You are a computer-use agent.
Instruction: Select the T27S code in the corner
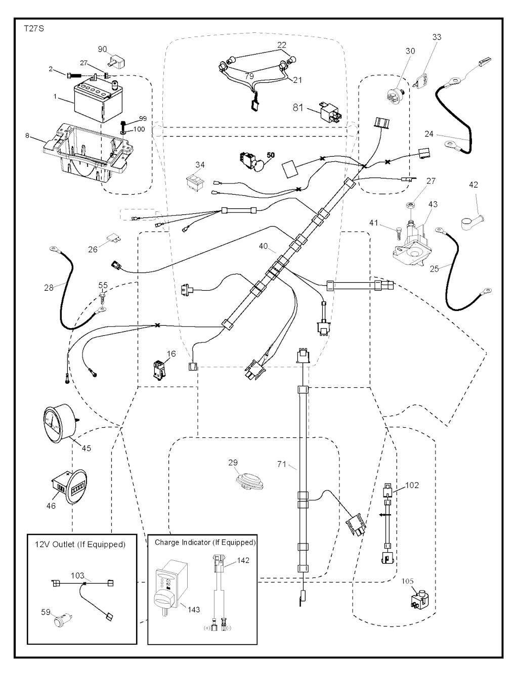34,29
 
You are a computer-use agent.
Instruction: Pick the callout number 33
437,37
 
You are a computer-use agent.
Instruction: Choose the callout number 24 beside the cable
429,134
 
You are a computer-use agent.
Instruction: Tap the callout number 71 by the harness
282,464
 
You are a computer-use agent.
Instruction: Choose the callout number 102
412,485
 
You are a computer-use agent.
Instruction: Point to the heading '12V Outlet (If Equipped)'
80,544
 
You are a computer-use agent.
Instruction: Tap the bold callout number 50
271,155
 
